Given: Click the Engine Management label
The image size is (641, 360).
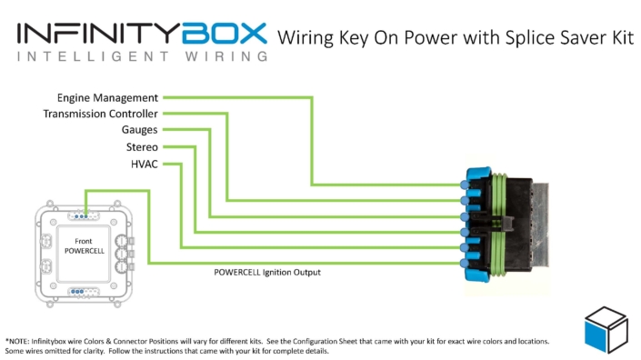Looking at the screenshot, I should pyautogui.click(x=107, y=97).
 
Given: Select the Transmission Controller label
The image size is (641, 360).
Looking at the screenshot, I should pyautogui.click(x=101, y=114).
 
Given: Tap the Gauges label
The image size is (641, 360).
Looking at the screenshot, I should pyautogui.click(x=139, y=130).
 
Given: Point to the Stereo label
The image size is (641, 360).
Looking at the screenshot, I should pyautogui.click(x=141, y=146).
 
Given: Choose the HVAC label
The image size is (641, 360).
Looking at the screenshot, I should pyautogui.click(x=144, y=164).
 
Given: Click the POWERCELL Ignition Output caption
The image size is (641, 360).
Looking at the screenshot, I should pyautogui.click(x=267, y=272).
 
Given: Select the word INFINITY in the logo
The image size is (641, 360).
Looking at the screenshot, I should pyautogui.click(x=96, y=34).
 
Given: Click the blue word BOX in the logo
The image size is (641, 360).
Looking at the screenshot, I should pyautogui.click(x=223, y=34).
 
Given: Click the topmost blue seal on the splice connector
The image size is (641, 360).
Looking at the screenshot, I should pyautogui.click(x=467, y=184).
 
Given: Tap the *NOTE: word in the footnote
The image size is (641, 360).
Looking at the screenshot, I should pyautogui.click(x=21, y=342).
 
